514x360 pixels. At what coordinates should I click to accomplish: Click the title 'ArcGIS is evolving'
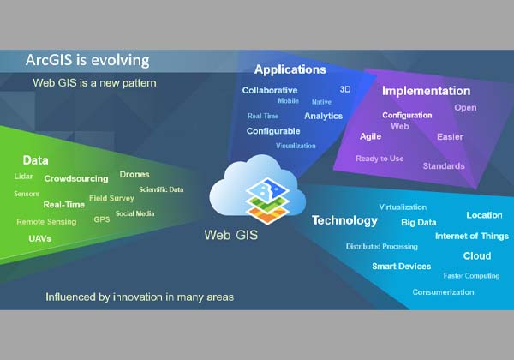click(x=87, y=61)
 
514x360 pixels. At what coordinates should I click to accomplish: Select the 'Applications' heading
click(x=290, y=69)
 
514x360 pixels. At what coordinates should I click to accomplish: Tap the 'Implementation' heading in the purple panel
click(x=426, y=91)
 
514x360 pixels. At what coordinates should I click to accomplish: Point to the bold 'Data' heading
click(x=35, y=160)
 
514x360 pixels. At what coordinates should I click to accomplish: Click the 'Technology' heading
click(x=344, y=220)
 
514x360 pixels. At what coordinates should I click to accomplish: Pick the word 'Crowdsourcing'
click(x=76, y=179)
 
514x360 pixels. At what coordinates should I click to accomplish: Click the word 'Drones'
click(x=134, y=174)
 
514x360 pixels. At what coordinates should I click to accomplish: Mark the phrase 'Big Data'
click(x=419, y=223)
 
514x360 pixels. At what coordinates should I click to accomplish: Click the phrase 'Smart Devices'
click(x=401, y=267)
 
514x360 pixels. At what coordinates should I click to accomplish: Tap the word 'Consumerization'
click(x=443, y=292)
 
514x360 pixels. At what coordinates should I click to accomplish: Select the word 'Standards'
click(x=444, y=165)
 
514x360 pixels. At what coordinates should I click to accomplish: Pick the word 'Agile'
click(x=370, y=136)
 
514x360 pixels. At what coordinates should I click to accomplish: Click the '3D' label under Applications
click(x=345, y=88)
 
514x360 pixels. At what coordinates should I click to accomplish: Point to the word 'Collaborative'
click(x=270, y=90)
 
